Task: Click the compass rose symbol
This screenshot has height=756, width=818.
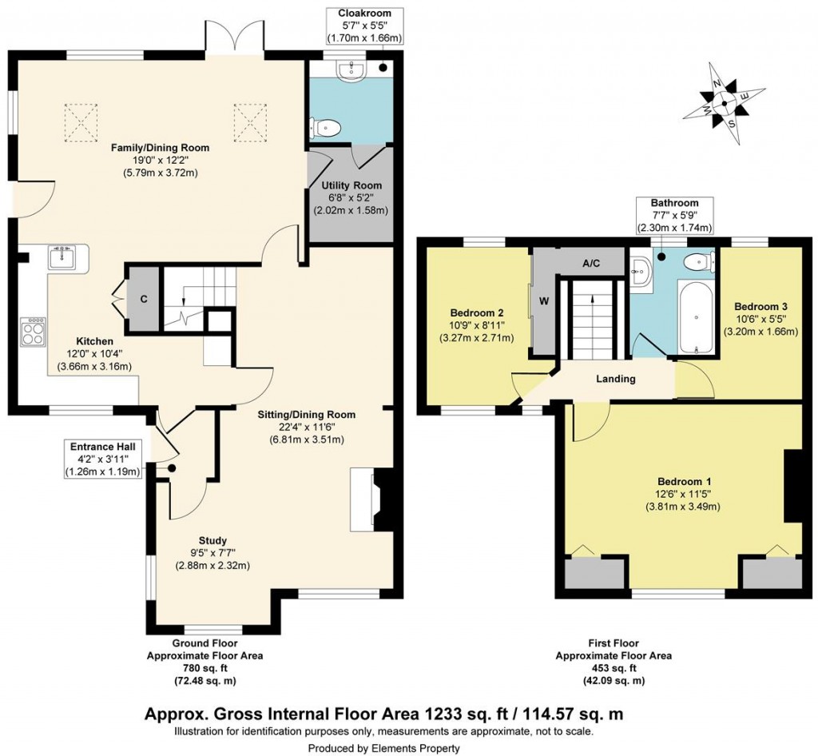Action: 725,102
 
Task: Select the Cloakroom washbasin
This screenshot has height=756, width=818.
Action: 351,72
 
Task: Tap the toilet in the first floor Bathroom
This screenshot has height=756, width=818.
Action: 699,261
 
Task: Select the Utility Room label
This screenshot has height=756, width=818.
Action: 340,185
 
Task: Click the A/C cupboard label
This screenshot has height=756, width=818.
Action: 591,262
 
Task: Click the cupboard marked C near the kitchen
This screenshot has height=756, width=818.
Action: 144,299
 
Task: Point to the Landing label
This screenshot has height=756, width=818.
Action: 615,379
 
